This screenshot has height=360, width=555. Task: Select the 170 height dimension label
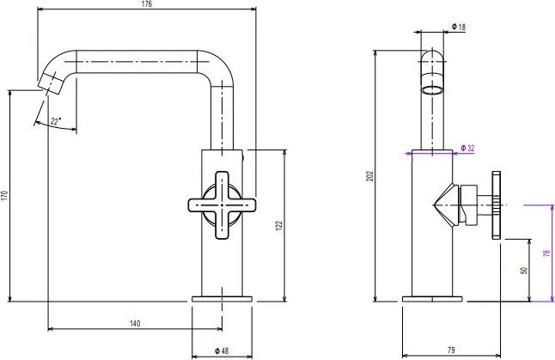click(4, 196)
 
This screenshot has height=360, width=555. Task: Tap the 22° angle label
click(56, 122)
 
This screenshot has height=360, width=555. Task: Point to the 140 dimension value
click(135, 323)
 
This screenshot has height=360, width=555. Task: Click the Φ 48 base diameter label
click(222, 350)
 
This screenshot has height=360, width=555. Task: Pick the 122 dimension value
click(279, 224)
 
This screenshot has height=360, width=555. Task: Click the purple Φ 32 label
click(467, 148)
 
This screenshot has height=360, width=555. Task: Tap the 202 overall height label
click(369, 175)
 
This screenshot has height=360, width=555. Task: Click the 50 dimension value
click(524, 270)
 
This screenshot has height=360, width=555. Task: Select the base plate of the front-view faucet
click(223, 299)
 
